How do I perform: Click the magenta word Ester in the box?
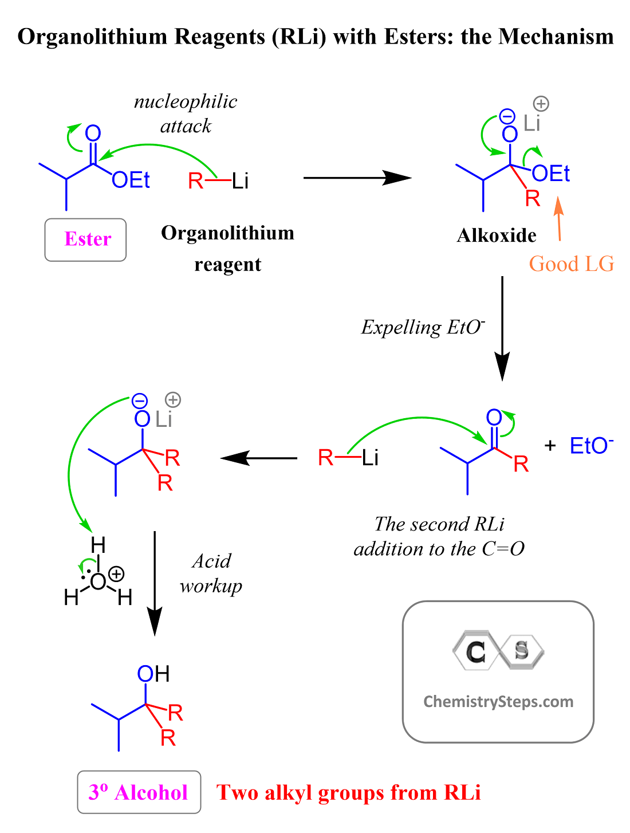tap(88, 239)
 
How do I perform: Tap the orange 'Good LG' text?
tap(571, 264)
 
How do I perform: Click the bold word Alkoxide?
tap(496, 235)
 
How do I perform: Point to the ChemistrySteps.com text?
tap(498, 702)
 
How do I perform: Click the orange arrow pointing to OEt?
tap(558, 219)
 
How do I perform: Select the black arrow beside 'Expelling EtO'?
tap(502, 329)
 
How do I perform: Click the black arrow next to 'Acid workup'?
tap(155, 583)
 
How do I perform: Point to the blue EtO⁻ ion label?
tap(591, 445)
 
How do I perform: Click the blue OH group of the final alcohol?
tap(153, 674)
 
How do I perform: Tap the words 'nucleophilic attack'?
tap(186, 113)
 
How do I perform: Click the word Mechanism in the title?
tap(556, 37)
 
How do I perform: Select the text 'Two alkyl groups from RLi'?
tap(348, 792)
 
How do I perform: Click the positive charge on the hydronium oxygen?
tap(116, 573)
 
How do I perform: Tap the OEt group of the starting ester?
tap(131, 179)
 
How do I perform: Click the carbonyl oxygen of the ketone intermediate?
tap(494, 417)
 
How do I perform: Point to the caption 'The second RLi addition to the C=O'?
tap(439, 536)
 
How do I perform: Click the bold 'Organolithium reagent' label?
tap(227, 249)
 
